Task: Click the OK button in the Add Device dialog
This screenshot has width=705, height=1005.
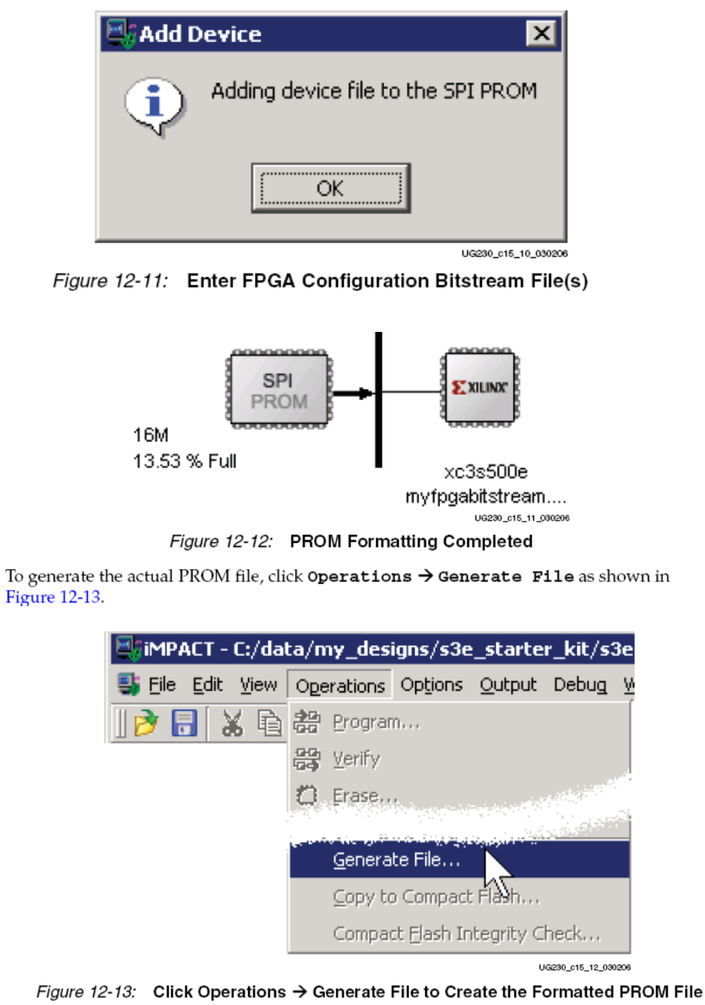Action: pyautogui.click(x=330, y=187)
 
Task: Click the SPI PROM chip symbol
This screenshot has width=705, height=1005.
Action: pyautogui.click(x=278, y=391)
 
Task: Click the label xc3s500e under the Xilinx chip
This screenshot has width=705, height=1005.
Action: pyautogui.click(x=480, y=472)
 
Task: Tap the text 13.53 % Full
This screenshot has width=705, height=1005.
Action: pyautogui.click(x=184, y=461)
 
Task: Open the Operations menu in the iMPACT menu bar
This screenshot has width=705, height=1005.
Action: pyautogui.click(x=340, y=686)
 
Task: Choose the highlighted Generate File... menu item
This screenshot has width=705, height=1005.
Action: pyautogui.click(x=396, y=860)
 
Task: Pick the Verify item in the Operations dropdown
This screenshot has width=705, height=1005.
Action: pyautogui.click(x=356, y=759)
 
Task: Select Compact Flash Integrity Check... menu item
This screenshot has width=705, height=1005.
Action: pyautogui.click(x=466, y=933)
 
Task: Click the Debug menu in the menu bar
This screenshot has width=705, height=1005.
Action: pyautogui.click(x=580, y=685)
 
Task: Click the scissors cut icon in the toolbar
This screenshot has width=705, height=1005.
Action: pyautogui.click(x=232, y=724)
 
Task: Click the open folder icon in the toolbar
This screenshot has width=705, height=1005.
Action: pyautogui.click(x=145, y=724)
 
